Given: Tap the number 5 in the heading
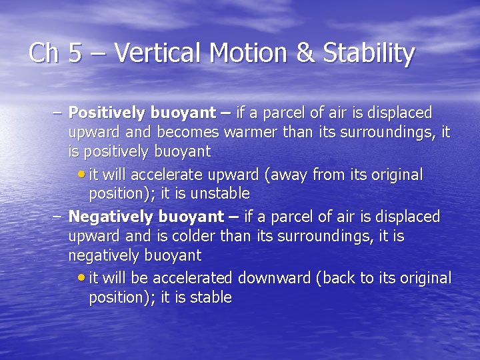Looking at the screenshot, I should point(75,53).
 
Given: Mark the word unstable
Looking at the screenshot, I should point(222,194).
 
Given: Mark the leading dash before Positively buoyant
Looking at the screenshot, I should point(57,113).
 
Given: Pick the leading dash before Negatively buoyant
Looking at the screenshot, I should point(57,217).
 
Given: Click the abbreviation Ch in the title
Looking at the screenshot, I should point(44,53).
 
